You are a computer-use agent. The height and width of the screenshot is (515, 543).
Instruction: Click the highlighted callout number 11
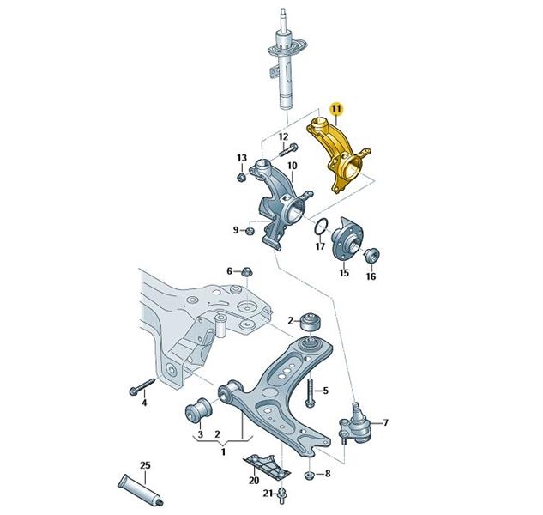click(336, 110)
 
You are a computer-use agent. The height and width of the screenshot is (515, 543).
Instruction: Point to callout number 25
click(145, 465)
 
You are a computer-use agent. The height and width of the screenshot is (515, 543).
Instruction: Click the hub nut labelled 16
click(371, 256)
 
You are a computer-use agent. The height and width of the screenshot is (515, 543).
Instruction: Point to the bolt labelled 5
click(310, 392)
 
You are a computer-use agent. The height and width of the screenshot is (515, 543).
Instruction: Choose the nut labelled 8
click(309, 474)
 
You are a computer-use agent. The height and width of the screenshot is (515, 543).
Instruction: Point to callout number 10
click(292, 165)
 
